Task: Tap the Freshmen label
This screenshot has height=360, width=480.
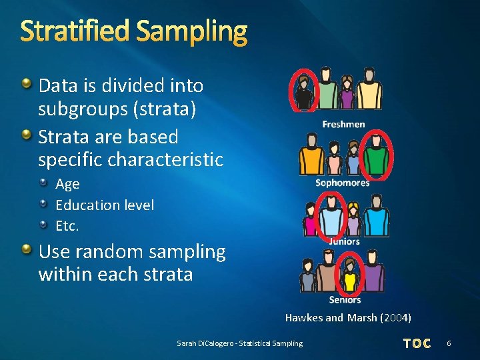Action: click(x=343, y=124)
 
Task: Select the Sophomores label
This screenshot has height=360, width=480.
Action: click(x=343, y=183)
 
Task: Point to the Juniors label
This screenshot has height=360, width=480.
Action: click(x=344, y=241)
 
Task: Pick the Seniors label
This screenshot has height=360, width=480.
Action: click(x=345, y=299)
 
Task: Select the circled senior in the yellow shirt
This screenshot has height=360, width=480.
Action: click(x=349, y=275)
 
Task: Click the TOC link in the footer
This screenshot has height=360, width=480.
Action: click(x=417, y=343)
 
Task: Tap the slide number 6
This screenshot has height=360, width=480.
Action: click(x=449, y=343)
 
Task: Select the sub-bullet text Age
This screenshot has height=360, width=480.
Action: click(x=67, y=184)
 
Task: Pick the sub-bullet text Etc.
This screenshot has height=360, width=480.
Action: click(x=67, y=226)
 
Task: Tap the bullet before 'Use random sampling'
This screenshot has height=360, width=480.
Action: click(x=25, y=250)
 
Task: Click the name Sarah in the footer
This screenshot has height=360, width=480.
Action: click(x=186, y=343)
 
